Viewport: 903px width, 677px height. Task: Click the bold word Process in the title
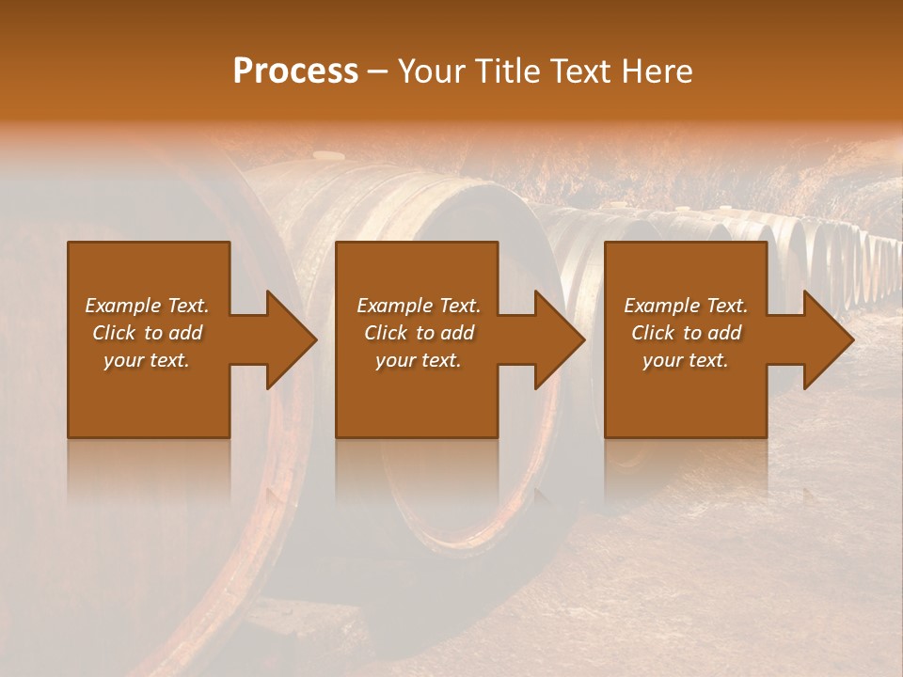coord(295,71)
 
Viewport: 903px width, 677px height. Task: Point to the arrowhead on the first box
coord(287,339)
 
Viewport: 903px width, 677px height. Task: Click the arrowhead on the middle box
coord(556,339)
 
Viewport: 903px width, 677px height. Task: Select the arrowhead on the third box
coord(825,339)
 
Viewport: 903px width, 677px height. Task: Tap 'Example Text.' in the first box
coord(147,306)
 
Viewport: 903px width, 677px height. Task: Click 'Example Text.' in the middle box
coord(419,306)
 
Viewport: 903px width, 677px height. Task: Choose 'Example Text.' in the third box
coord(686,306)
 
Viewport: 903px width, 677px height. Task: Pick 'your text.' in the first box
coord(147,360)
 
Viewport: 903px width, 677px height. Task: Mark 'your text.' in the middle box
coord(419,360)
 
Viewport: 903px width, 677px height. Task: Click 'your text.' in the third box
coord(686,360)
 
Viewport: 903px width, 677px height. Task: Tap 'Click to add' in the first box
coord(147,333)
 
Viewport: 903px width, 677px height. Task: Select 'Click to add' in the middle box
coord(419,333)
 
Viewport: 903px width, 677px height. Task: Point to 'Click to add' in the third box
coord(686,333)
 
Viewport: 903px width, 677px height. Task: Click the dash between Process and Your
coord(378,72)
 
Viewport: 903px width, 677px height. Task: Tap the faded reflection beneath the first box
coord(149,470)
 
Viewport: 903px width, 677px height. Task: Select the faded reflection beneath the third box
coord(686,470)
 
